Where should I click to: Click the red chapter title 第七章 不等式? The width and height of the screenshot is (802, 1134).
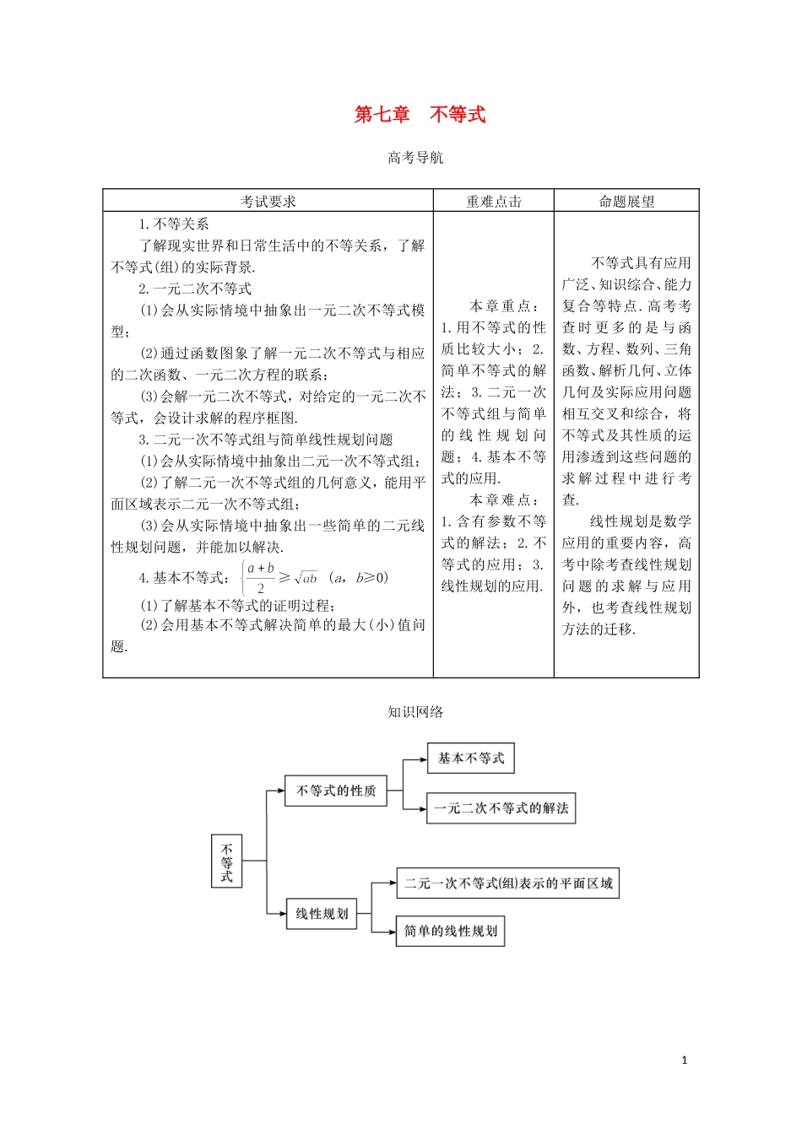420,115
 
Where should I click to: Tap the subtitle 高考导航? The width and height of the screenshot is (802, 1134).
415,158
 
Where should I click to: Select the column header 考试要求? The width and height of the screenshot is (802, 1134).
268,202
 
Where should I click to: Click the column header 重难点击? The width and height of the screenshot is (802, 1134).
494,202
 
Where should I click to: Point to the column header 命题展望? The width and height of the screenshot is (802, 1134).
626,202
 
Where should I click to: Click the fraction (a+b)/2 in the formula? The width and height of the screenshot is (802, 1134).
261,578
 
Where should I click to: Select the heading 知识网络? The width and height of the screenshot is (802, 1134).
415,712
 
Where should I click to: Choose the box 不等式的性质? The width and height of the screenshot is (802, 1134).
336,791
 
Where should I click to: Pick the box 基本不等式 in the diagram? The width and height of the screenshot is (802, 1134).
470,759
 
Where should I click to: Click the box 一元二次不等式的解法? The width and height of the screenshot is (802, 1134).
501,808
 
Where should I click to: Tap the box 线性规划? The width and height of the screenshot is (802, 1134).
322,914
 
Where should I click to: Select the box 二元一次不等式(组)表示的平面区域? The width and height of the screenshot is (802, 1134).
508,883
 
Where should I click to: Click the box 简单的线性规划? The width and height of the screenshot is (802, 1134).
450,931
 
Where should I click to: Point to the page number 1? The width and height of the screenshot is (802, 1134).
685,1061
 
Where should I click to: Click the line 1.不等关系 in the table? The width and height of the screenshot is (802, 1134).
174,224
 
